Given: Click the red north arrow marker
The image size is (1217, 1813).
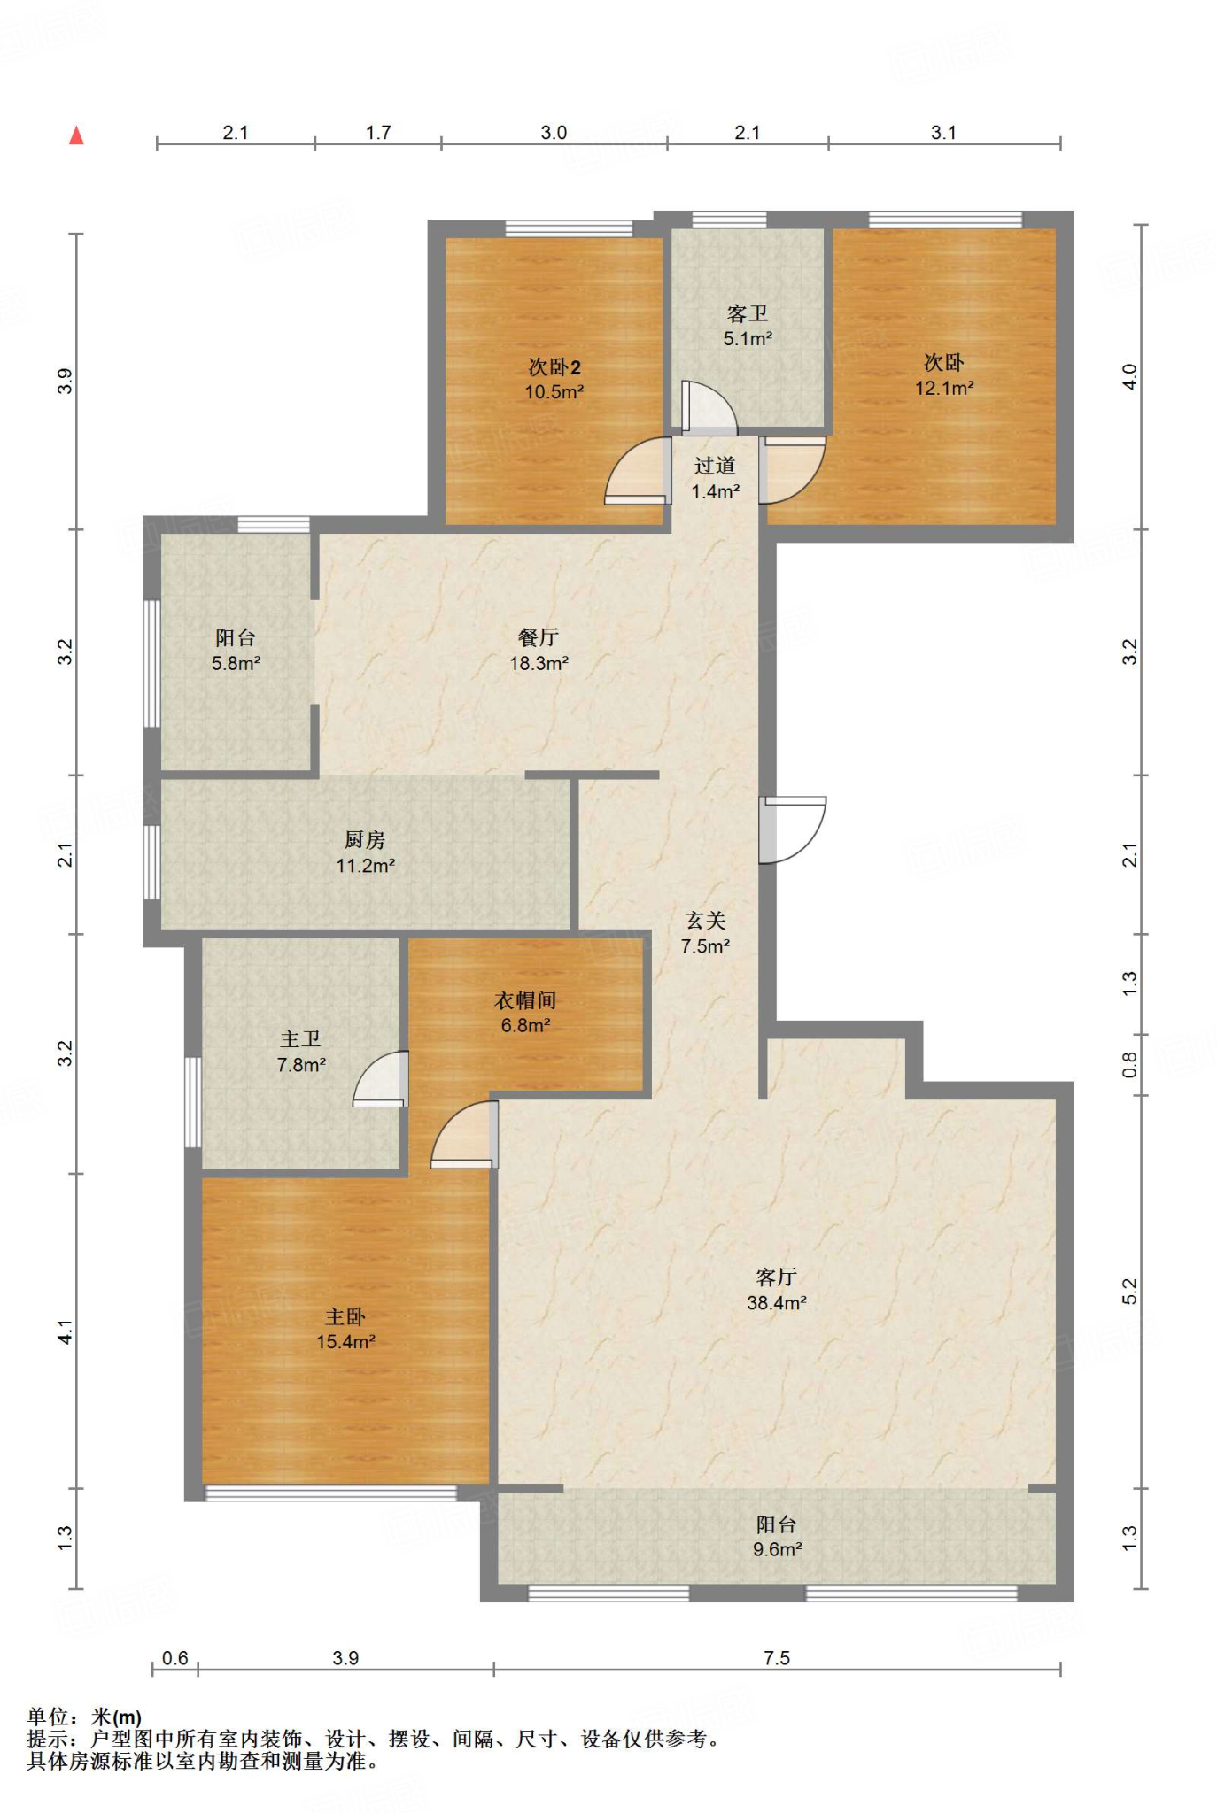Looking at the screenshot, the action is point(77,135).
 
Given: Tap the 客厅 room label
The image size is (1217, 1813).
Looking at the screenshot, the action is point(777,1277).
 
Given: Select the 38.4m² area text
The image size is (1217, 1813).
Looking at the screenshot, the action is point(777,1303).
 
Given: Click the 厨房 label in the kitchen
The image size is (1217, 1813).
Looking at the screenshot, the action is point(365,840).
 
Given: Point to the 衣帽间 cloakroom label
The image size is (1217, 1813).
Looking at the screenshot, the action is point(525,1000).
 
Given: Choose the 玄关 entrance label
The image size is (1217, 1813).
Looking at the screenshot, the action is point(706,921).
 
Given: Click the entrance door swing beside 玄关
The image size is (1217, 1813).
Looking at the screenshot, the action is point(792,829).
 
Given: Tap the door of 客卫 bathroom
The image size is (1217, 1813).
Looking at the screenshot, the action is point(709,407).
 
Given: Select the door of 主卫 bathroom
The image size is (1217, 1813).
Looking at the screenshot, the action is point(381,1078).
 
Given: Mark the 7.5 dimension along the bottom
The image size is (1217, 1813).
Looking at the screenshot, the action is point(777,1658).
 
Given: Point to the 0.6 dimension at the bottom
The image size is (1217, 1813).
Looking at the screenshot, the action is point(175,1657).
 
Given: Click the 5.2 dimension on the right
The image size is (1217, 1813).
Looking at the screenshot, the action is point(1129,1292).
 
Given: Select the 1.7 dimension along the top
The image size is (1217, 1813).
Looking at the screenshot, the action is point(378,133).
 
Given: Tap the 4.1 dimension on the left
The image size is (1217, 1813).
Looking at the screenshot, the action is point(65,1331).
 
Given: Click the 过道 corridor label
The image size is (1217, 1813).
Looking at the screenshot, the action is point(715,466).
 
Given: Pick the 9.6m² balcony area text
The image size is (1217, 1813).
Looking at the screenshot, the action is point(777,1549).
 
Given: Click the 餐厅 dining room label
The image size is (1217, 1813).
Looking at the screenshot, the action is point(539,637).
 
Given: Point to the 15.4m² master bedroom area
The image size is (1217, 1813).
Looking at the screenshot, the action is point(345,1342).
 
